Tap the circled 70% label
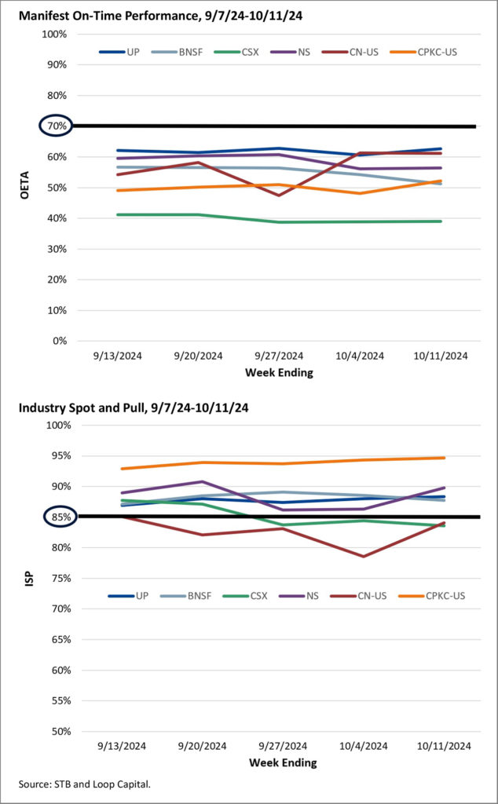pos(54,126)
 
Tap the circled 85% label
pos(54,517)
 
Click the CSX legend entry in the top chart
pos(251,52)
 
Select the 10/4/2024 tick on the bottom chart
pos(362,746)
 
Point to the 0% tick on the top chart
pos(58,341)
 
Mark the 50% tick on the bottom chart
pos(58,731)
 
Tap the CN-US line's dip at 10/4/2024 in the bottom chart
pos(363,556)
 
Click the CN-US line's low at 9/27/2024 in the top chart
pos(278,195)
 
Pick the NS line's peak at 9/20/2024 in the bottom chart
pos(203,481)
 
